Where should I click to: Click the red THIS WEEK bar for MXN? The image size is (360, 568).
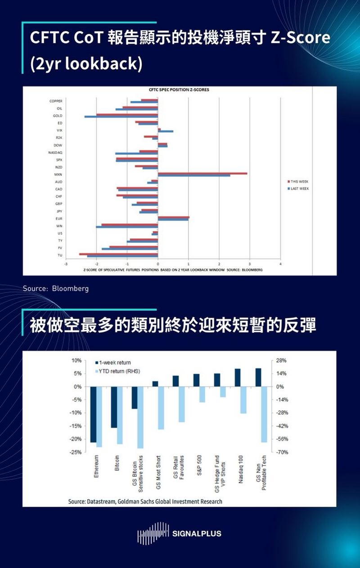[202, 173]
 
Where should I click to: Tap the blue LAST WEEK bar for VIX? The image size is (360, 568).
[166, 132]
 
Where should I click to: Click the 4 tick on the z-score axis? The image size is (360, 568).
[280, 264]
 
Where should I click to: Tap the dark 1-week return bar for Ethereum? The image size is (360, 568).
[93, 414]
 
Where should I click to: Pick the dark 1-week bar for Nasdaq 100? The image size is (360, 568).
[238, 378]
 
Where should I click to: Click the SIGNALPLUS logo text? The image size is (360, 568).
[197, 534]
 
